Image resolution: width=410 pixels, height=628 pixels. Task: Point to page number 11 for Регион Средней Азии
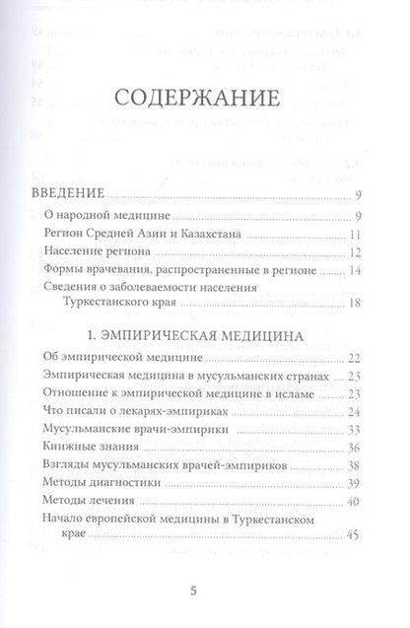pyautogui.click(x=359, y=237)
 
